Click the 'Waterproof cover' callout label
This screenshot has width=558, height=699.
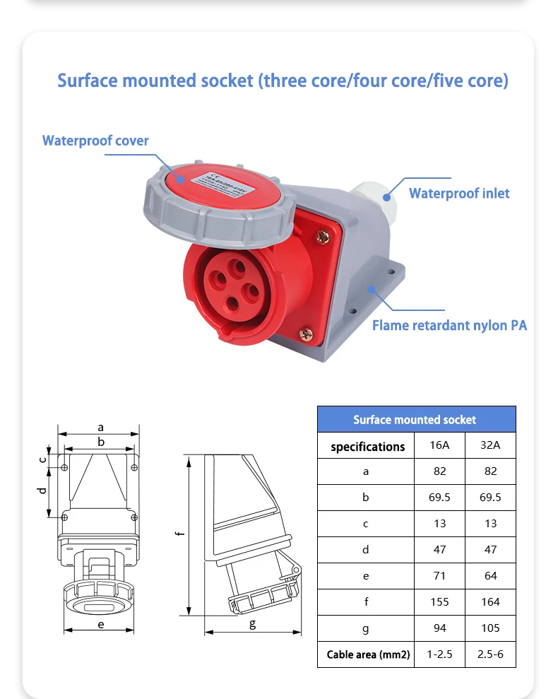click(x=95, y=141)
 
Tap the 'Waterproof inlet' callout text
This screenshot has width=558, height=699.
click(x=459, y=193)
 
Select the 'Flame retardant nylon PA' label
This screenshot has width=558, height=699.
click(x=449, y=325)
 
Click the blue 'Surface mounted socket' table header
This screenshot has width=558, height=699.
click(x=415, y=419)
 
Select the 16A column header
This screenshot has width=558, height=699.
click(x=439, y=445)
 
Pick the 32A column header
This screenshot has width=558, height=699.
click(x=490, y=445)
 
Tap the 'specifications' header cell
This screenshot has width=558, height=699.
click(x=367, y=446)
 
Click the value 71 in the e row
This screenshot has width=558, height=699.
click(x=439, y=575)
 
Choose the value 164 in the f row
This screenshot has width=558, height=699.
click(x=490, y=601)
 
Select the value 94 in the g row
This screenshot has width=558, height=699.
click(x=439, y=628)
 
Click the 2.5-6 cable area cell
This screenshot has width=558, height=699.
click(x=490, y=654)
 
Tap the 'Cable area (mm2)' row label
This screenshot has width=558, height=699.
click(x=368, y=654)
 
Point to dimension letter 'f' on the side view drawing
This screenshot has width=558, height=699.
click(x=181, y=533)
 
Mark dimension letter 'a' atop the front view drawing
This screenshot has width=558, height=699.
click(x=101, y=427)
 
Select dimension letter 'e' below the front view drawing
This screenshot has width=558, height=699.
click(x=101, y=624)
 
